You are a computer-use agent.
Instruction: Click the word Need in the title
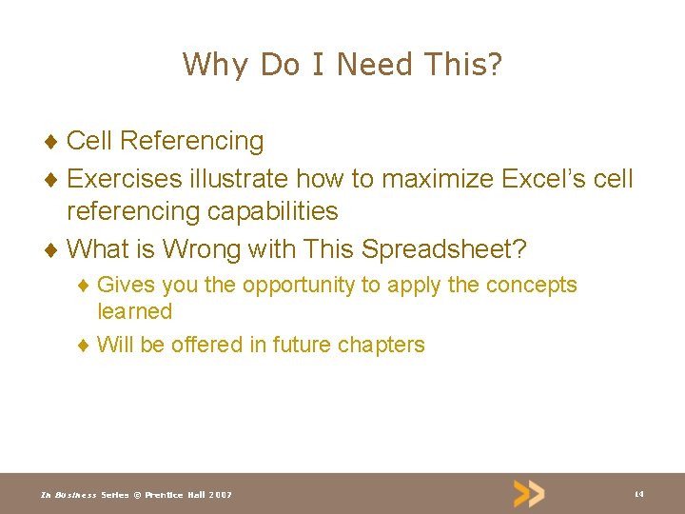pyautogui.click(x=374, y=65)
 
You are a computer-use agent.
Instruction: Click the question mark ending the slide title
pyautogui.click(x=494, y=65)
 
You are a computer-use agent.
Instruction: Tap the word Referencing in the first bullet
pyautogui.click(x=192, y=141)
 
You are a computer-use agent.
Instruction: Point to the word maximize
pyautogui.click(x=441, y=178)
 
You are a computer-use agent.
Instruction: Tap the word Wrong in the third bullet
pyautogui.click(x=201, y=249)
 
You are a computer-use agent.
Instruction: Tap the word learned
pyautogui.click(x=134, y=311)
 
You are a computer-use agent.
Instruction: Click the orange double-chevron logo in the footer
pyautogui.click(x=529, y=493)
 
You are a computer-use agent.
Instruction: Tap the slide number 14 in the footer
pyautogui.click(x=638, y=494)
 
